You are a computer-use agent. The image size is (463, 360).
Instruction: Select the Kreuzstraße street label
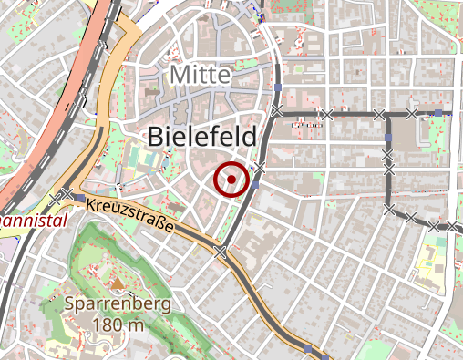132,215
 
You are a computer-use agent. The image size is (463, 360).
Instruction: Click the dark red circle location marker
231,179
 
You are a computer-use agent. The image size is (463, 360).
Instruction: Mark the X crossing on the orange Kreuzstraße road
220,252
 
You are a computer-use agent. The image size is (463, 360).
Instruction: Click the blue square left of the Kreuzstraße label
81,198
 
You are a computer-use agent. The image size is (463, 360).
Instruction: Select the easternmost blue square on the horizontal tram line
438,112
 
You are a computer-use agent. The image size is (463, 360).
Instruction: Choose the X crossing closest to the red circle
260,168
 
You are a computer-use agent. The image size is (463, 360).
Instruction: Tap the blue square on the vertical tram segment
387,138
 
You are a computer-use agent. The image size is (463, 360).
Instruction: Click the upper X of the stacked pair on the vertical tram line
387,156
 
